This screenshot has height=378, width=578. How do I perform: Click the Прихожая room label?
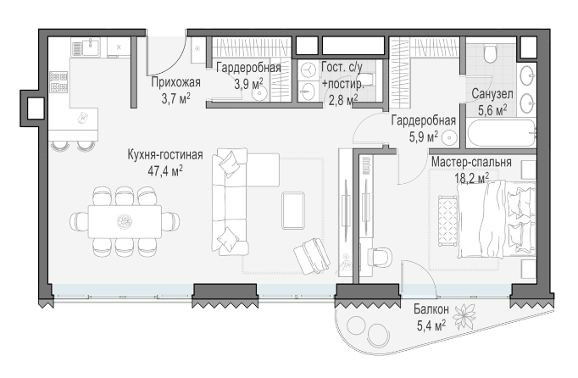click(175, 82)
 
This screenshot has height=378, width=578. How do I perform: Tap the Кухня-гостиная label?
click(165, 154)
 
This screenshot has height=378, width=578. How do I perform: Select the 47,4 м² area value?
click(165, 171)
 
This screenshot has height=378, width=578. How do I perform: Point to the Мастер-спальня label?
click(471, 162)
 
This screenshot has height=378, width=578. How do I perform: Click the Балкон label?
click(431, 309)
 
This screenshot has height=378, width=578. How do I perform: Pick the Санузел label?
click(492, 94)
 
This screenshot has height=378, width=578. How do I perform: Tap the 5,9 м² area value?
click(424, 136)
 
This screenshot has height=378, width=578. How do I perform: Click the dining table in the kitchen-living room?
click(125, 222)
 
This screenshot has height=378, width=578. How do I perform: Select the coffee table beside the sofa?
click(293, 210)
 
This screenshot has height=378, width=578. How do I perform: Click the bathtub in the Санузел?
click(502, 133)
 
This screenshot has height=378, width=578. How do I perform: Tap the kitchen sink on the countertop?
click(91, 47)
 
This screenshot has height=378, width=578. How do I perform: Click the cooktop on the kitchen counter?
click(58, 82)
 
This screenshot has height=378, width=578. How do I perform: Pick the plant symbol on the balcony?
click(464, 316)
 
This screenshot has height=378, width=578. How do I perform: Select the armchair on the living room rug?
click(312, 256)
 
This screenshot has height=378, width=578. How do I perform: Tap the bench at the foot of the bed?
click(447, 221)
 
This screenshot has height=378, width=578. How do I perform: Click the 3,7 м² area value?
click(175, 99)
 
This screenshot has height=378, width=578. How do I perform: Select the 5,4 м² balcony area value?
click(431, 325)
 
